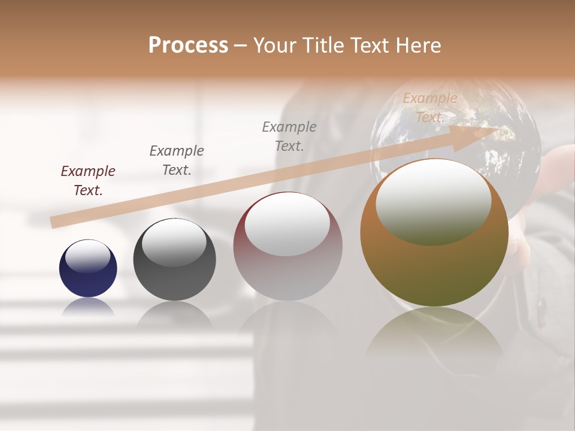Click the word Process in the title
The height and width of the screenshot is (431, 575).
[x=188, y=45]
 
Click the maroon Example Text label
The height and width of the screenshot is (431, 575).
[x=88, y=181]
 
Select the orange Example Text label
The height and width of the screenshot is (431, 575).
[x=430, y=108]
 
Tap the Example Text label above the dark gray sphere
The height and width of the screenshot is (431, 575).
[x=177, y=160]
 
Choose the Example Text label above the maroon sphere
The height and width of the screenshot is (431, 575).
[x=289, y=136]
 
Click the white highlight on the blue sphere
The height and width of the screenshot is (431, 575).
[x=88, y=256]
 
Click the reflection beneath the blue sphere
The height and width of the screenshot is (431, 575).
[x=88, y=307]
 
